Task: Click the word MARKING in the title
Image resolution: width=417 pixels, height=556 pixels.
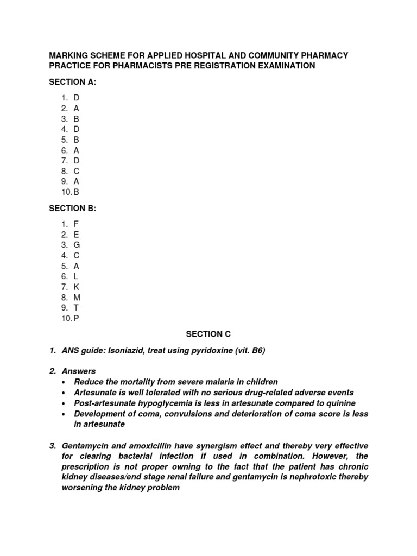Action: [70, 55]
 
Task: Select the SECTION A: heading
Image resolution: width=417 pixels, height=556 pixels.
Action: [73, 81]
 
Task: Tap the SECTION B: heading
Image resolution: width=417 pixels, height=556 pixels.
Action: [73, 208]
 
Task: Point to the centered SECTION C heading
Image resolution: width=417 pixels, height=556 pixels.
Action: [208, 334]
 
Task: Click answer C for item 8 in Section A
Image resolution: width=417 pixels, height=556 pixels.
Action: [77, 171]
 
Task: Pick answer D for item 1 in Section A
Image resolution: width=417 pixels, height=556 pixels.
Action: [77, 98]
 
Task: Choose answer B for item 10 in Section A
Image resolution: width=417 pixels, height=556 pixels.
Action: [77, 192]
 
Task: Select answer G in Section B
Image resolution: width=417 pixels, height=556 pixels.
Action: [77, 245]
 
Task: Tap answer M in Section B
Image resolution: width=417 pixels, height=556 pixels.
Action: [77, 298]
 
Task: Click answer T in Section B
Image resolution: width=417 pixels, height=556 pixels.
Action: [77, 308]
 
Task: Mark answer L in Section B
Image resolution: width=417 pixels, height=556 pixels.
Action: [76, 276]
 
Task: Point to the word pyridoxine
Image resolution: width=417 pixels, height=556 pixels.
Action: [212, 351]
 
